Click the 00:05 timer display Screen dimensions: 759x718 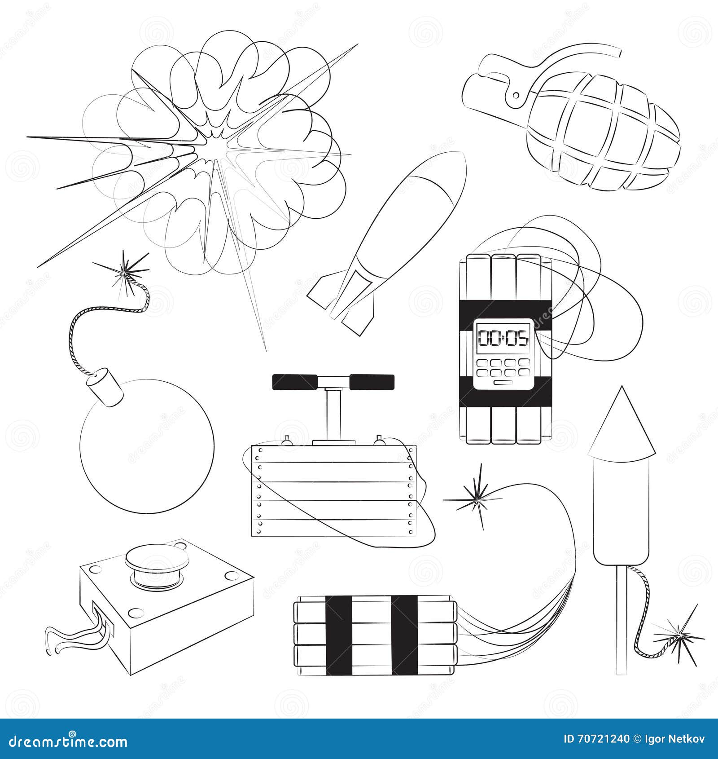503,338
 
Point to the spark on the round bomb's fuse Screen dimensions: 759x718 125,272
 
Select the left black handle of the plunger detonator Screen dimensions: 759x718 295,382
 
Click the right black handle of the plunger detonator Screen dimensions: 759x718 372,382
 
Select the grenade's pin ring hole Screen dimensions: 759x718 516,95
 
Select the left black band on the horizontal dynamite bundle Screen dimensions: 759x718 339,635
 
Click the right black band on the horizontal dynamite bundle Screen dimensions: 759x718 404,635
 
